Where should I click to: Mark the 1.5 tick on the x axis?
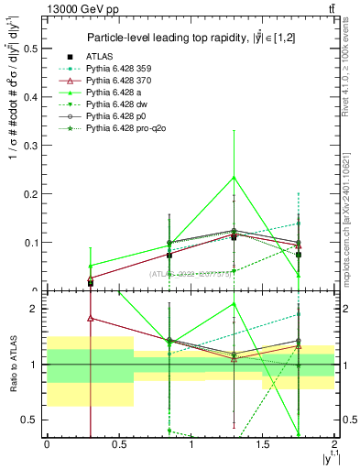tap(263, 443)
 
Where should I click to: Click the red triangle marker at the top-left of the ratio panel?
tap(90, 319)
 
